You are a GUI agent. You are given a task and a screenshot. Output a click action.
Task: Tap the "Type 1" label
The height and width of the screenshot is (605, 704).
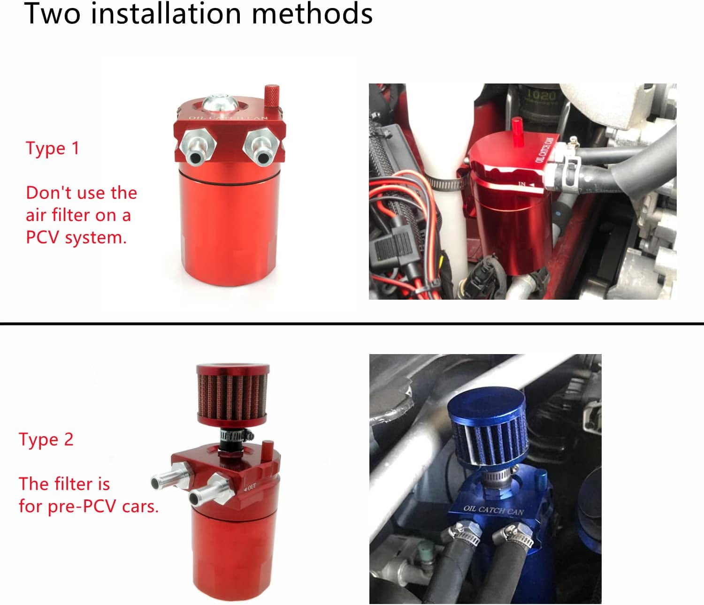(x=53, y=148)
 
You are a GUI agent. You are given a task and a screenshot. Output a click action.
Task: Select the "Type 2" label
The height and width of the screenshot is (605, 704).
(x=46, y=439)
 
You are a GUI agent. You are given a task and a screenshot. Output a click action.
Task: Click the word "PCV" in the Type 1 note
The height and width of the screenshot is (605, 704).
(x=43, y=237)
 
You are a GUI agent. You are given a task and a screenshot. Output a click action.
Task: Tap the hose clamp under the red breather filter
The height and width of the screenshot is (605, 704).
(x=235, y=436)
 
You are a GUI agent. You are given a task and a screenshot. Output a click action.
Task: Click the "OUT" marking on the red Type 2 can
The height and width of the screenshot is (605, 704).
(x=251, y=487)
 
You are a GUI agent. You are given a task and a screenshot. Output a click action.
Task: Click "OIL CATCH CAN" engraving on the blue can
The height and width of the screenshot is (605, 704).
(x=493, y=510)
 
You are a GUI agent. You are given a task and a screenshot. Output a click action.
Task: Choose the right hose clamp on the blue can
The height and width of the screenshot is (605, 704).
(x=516, y=537)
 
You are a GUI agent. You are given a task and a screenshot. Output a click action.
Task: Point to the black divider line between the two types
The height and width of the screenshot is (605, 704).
(x=352, y=323)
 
